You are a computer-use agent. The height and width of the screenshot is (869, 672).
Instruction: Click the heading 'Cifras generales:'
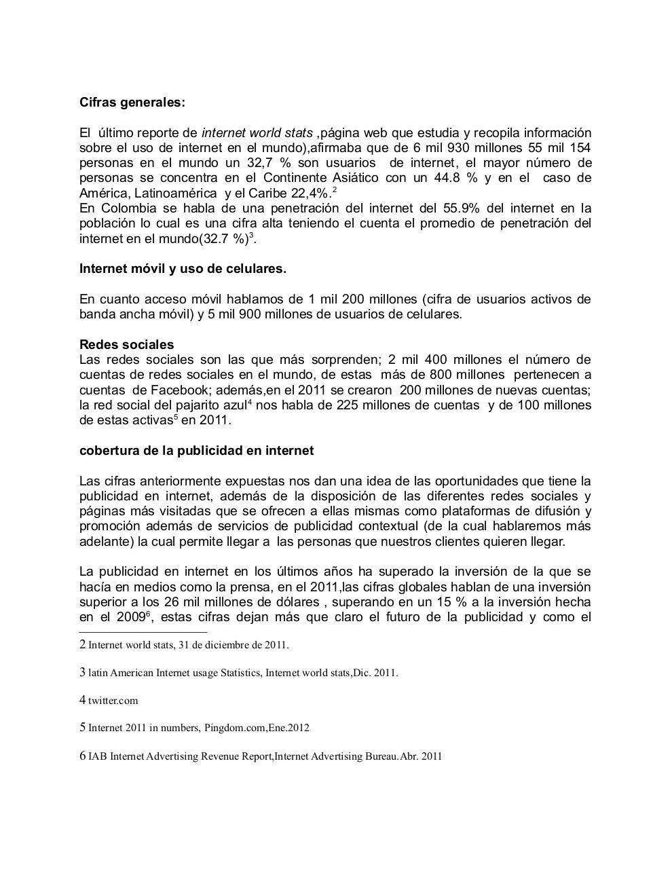(x=132, y=103)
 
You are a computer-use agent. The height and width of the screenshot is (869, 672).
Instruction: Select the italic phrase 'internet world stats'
(x=257, y=133)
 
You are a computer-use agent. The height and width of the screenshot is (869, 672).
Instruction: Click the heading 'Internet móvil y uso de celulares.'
(x=183, y=269)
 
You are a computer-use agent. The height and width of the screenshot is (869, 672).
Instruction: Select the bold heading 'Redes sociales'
(x=126, y=344)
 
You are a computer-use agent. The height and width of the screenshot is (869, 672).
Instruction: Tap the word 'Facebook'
(x=174, y=390)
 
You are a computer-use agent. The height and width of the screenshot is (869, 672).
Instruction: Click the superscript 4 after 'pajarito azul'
(x=250, y=403)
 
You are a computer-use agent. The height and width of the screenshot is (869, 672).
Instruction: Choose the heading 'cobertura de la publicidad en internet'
(x=196, y=451)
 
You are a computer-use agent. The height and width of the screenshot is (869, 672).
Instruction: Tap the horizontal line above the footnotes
(x=133, y=631)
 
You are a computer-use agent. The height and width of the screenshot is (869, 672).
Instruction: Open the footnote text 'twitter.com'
(x=113, y=701)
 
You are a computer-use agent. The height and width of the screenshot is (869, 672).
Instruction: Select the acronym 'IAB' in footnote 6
(x=97, y=756)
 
